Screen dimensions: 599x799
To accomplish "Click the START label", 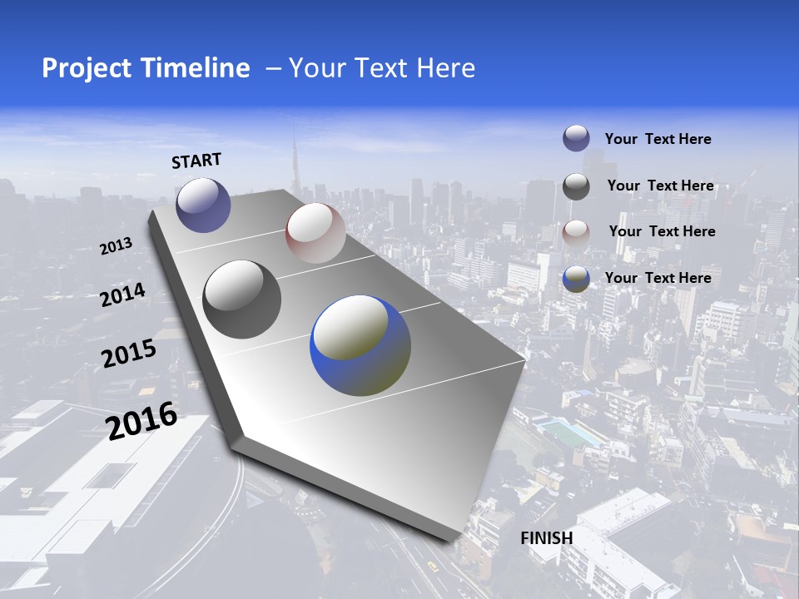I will pyautogui.click(x=196, y=160).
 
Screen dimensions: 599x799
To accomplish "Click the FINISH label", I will pyautogui.click(x=546, y=538).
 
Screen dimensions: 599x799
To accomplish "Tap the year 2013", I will pyautogui.click(x=116, y=246).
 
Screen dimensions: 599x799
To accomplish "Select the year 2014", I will pyautogui.click(x=122, y=295).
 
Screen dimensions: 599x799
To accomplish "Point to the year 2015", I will pyautogui.click(x=128, y=353).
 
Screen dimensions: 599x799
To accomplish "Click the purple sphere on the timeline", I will pyautogui.click(x=203, y=205).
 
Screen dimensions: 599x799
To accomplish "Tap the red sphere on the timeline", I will pyautogui.click(x=315, y=233).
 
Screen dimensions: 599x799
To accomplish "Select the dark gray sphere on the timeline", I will pyautogui.click(x=241, y=299).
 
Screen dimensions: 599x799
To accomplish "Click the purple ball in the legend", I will pyautogui.click(x=576, y=138).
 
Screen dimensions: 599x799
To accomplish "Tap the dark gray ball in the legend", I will pyautogui.click(x=576, y=186).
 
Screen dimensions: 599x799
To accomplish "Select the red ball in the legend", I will pyautogui.click(x=576, y=232).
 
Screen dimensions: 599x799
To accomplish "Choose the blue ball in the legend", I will pyautogui.click(x=576, y=279).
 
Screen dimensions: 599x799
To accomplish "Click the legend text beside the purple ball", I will pyautogui.click(x=658, y=139).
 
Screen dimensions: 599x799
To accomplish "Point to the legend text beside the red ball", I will pyautogui.click(x=662, y=231).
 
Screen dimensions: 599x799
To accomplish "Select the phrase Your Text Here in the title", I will pyautogui.click(x=381, y=68).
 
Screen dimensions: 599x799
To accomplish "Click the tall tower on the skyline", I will pyautogui.click(x=293, y=162).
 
